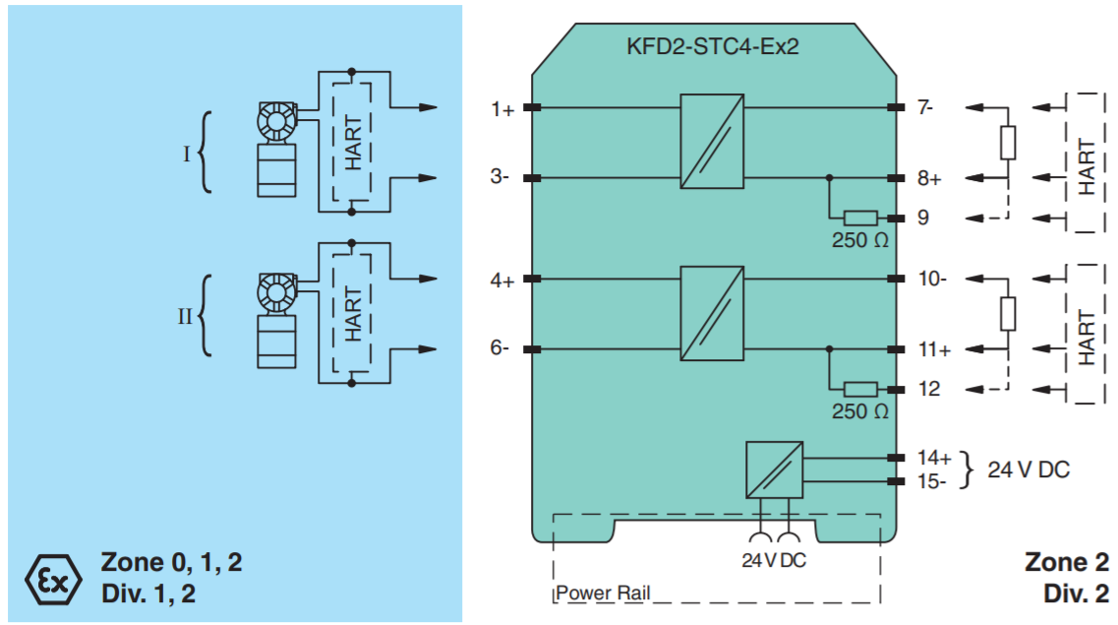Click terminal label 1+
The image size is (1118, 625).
502,109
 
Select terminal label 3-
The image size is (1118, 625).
500,178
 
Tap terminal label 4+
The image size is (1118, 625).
502,281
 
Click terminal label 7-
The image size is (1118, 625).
925,108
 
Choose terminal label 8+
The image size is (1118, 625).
929,179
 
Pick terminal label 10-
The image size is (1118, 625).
931,280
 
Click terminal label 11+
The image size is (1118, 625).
934,350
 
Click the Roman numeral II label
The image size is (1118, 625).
184,318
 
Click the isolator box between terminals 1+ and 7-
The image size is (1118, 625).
712,141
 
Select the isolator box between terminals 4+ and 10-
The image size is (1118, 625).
712,312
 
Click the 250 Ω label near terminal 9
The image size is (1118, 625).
860,241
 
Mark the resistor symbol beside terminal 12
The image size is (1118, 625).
861,390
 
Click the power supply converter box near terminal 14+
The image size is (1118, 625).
774,470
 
